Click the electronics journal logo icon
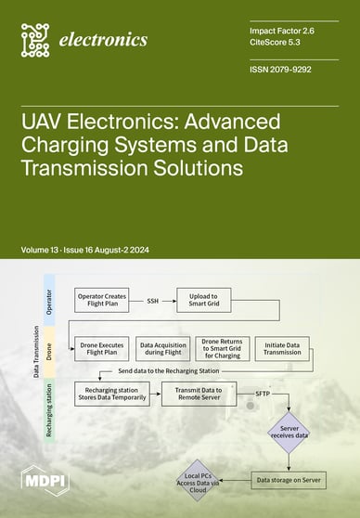[x=34, y=39]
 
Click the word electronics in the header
[x=102, y=40]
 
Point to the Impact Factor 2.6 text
[x=283, y=30]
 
